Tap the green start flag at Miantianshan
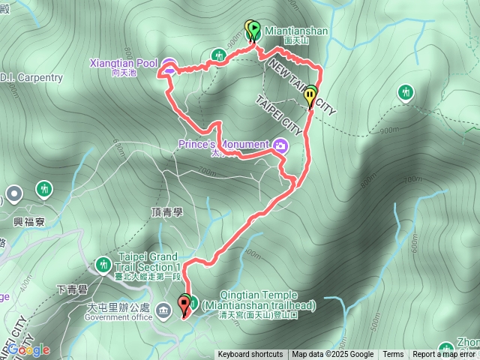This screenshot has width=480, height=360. tap(254, 29)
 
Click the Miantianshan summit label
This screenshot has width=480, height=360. tap(295, 31)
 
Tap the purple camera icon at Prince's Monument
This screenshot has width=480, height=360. tap(280, 145)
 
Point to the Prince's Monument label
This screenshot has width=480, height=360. tap(223, 144)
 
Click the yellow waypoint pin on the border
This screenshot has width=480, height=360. tap(310, 97)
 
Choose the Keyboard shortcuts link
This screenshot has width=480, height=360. tap(250, 355)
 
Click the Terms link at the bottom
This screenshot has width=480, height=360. tap(393, 355)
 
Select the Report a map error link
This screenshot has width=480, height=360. tap(445, 355)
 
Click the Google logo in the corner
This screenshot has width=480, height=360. tap(28, 349)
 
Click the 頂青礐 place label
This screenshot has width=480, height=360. tap(167, 213)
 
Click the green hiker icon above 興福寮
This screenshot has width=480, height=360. tap(44, 187)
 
